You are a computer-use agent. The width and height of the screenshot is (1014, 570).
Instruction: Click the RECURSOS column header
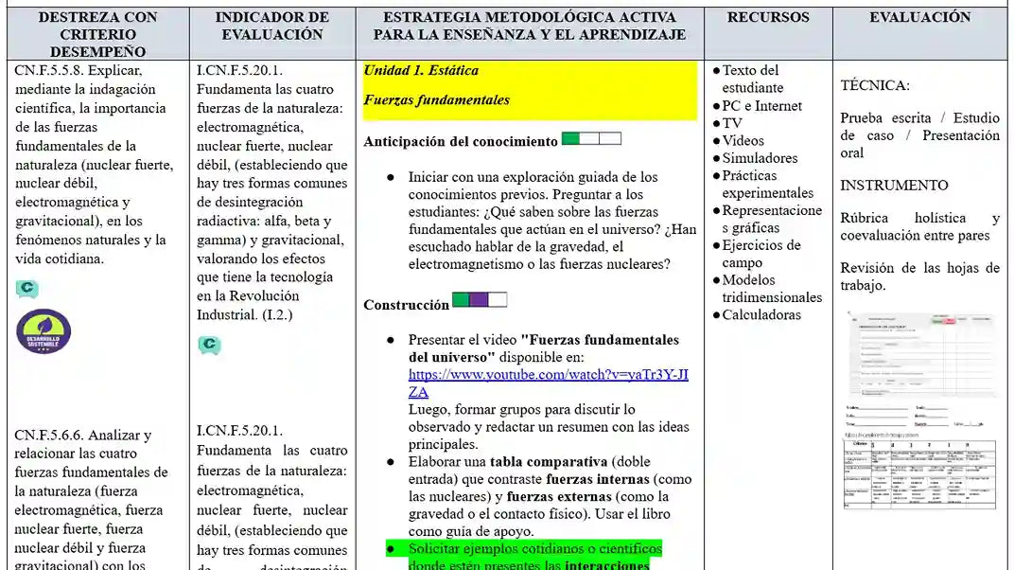pyautogui.click(x=768, y=17)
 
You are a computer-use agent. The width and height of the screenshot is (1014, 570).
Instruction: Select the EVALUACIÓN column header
pyautogui.click(x=919, y=17)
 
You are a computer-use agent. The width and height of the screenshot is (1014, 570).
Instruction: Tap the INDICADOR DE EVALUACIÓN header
pyautogui.click(x=272, y=26)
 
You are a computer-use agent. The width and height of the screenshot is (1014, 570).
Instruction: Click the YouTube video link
pyautogui.click(x=548, y=383)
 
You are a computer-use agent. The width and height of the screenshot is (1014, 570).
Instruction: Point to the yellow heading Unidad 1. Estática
pyautogui.click(x=421, y=70)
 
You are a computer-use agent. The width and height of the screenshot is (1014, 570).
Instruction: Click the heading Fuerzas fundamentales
pyautogui.click(x=436, y=99)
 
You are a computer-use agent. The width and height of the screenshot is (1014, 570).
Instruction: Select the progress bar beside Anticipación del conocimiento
pyautogui.click(x=591, y=139)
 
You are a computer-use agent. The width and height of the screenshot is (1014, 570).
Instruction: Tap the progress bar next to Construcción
pyautogui.click(x=480, y=300)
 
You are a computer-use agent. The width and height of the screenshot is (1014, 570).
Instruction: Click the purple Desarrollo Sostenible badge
pyautogui.click(x=44, y=331)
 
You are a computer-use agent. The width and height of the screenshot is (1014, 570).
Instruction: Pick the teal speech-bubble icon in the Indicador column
pyautogui.click(x=209, y=346)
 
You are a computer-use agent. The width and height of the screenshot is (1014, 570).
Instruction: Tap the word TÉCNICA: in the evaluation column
pyautogui.click(x=875, y=85)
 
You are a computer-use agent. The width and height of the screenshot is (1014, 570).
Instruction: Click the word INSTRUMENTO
pyautogui.click(x=894, y=185)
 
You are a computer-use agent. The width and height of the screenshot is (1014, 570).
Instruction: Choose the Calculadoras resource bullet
pyautogui.click(x=761, y=314)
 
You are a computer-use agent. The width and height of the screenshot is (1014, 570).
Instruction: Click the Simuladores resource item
pyautogui.click(x=760, y=158)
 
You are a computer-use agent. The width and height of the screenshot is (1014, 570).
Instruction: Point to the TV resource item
pyautogui.click(x=732, y=123)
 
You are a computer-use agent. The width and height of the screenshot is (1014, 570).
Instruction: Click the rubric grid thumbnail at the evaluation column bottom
pyautogui.click(x=919, y=473)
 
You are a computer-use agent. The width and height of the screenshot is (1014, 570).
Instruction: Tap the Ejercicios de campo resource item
pyautogui.click(x=760, y=254)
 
